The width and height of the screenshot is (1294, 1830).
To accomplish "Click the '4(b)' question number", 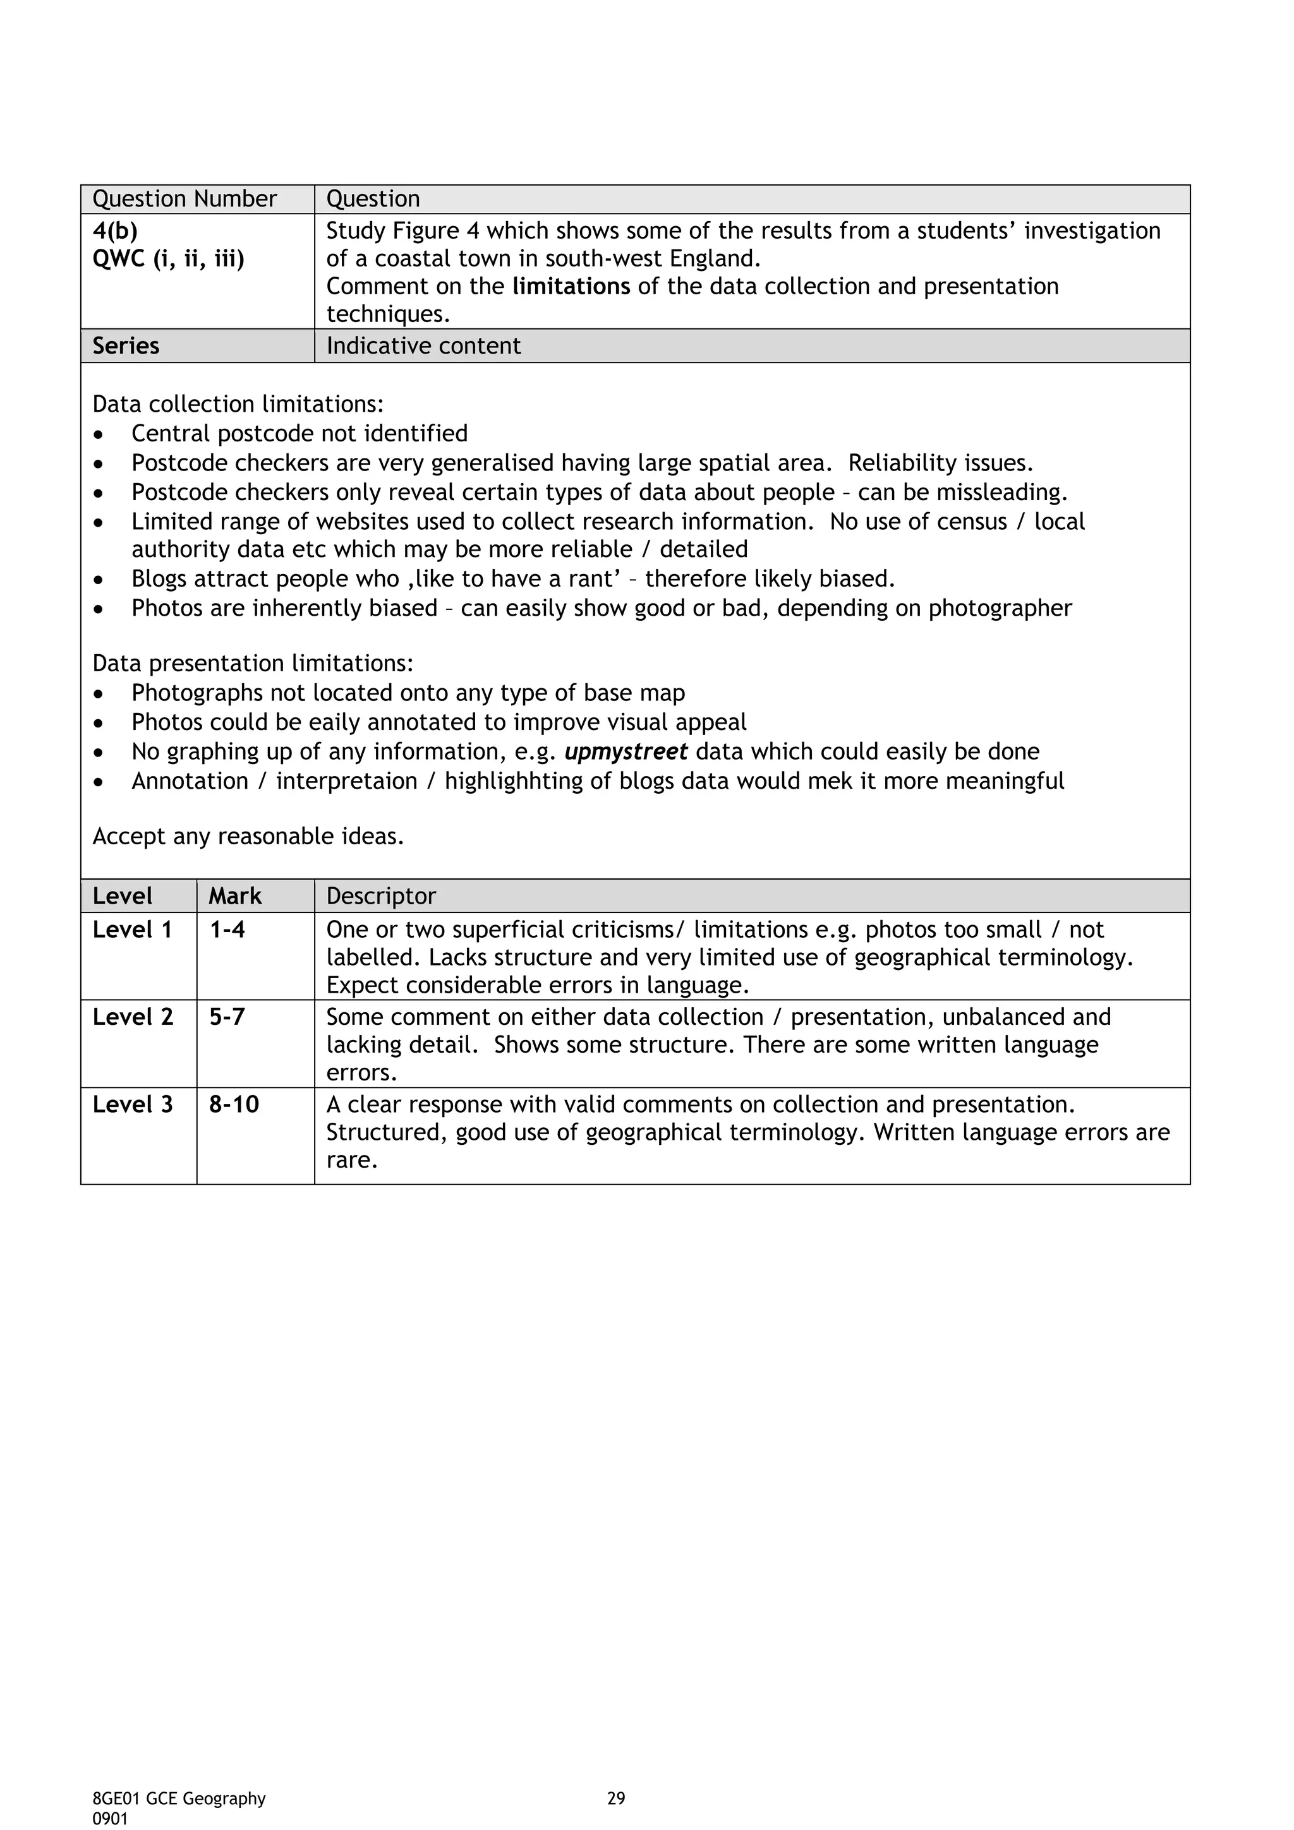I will pyautogui.click(x=115, y=231).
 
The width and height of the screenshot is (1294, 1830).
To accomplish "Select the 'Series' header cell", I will pyautogui.click(x=126, y=346).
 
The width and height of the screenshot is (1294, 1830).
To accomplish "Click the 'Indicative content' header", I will pyautogui.click(x=423, y=346).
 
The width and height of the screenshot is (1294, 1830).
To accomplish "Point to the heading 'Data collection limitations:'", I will pyautogui.click(x=238, y=404).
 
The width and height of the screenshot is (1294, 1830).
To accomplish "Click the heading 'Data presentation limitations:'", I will pyautogui.click(x=253, y=663).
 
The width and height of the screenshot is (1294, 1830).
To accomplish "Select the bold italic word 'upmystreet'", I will pyautogui.click(x=626, y=751).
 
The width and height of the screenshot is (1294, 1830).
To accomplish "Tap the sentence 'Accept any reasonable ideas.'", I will pyautogui.click(x=248, y=836).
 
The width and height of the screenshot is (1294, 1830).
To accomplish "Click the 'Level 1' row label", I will pyautogui.click(x=132, y=930).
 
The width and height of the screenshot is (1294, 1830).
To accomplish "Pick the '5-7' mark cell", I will pyautogui.click(x=227, y=1017).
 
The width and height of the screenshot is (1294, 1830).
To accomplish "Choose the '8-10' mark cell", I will pyautogui.click(x=234, y=1104).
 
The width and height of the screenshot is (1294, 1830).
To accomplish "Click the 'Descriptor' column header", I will pyautogui.click(x=381, y=897).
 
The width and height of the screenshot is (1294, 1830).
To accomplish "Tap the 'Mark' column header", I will pyautogui.click(x=235, y=897).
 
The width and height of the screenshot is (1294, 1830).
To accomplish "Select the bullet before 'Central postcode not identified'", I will pyautogui.click(x=98, y=435).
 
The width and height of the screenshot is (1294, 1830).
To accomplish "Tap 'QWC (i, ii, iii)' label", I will pyautogui.click(x=168, y=259).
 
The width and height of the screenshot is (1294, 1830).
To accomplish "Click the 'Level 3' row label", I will pyautogui.click(x=132, y=1104).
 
